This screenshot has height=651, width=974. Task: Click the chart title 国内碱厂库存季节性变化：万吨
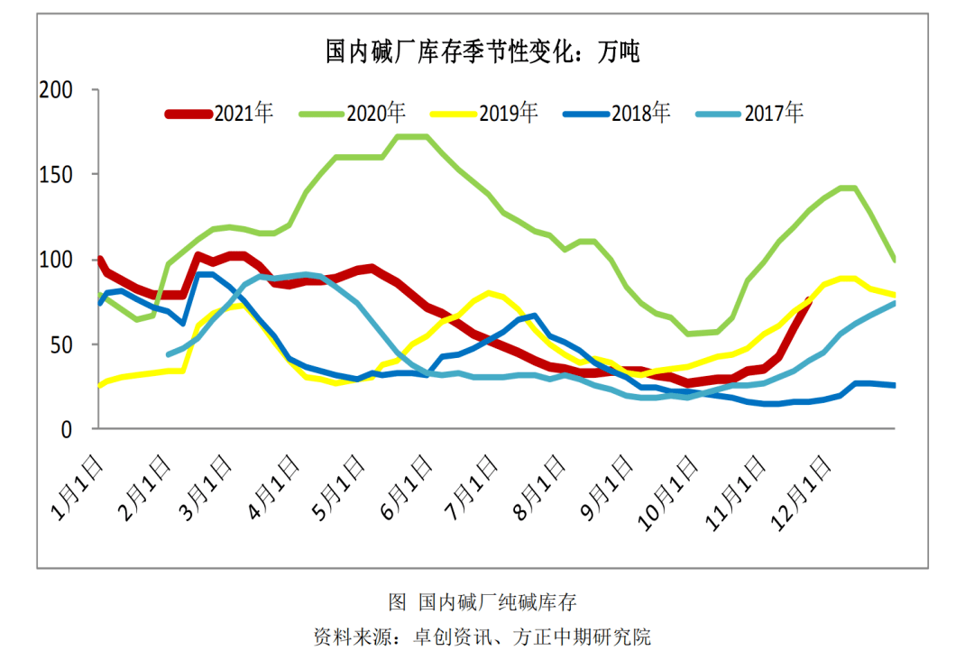tap(482, 51)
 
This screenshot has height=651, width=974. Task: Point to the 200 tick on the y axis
tap(56, 90)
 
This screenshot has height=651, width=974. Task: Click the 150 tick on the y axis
tap(56, 175)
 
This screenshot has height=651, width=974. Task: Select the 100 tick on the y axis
tap(56, 260)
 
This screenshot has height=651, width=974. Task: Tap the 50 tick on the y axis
tap(61, 344)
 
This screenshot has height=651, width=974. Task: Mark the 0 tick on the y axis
tap(66, 429)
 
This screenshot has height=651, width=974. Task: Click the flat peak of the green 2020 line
tap(412, 136)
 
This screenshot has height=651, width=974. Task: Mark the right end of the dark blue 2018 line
tap(894, 385)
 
